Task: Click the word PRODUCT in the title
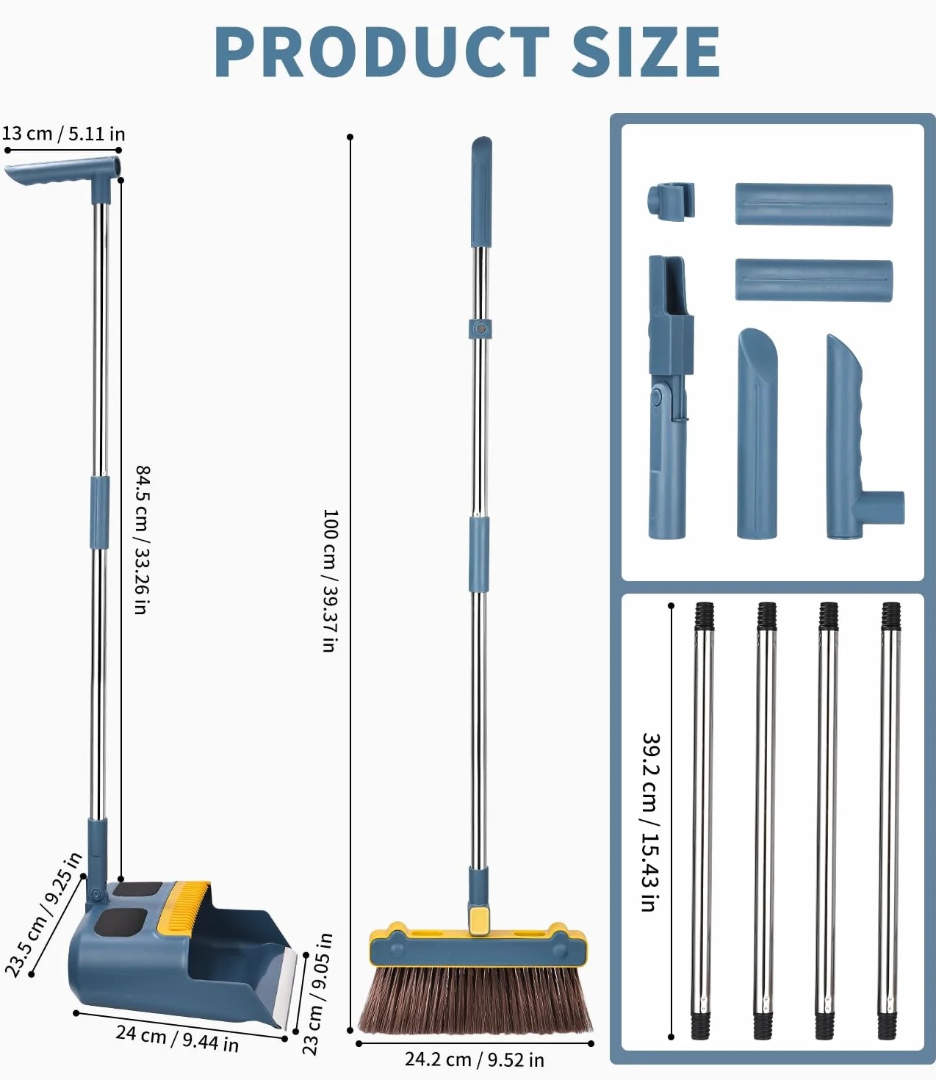(381, 52)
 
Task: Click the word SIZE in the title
(646, 52)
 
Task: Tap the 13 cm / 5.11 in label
(64, 134)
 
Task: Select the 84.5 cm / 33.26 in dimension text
(143, 540)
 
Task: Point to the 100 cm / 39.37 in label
(331, 580)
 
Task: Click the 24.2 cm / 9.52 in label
(474, 1059)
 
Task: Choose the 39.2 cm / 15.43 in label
(651, 822)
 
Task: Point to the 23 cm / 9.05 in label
(317, 994)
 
